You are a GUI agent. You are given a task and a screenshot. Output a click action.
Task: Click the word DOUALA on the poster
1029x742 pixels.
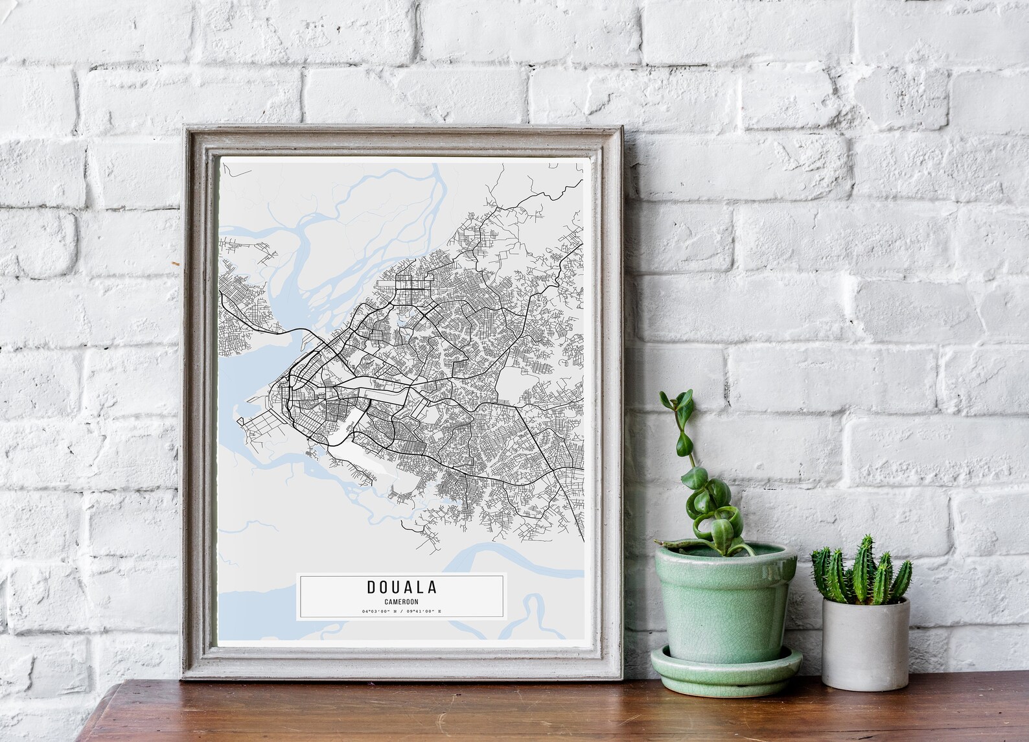click(x=402, y=588)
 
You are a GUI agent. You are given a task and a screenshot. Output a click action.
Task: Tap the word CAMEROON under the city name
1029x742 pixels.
click(x=401, y=602)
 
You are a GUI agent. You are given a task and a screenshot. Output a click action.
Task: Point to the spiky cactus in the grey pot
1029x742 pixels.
click(x=862, y=574)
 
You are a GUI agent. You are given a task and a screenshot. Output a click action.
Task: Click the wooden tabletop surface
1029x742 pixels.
click(x=454, y=713)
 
